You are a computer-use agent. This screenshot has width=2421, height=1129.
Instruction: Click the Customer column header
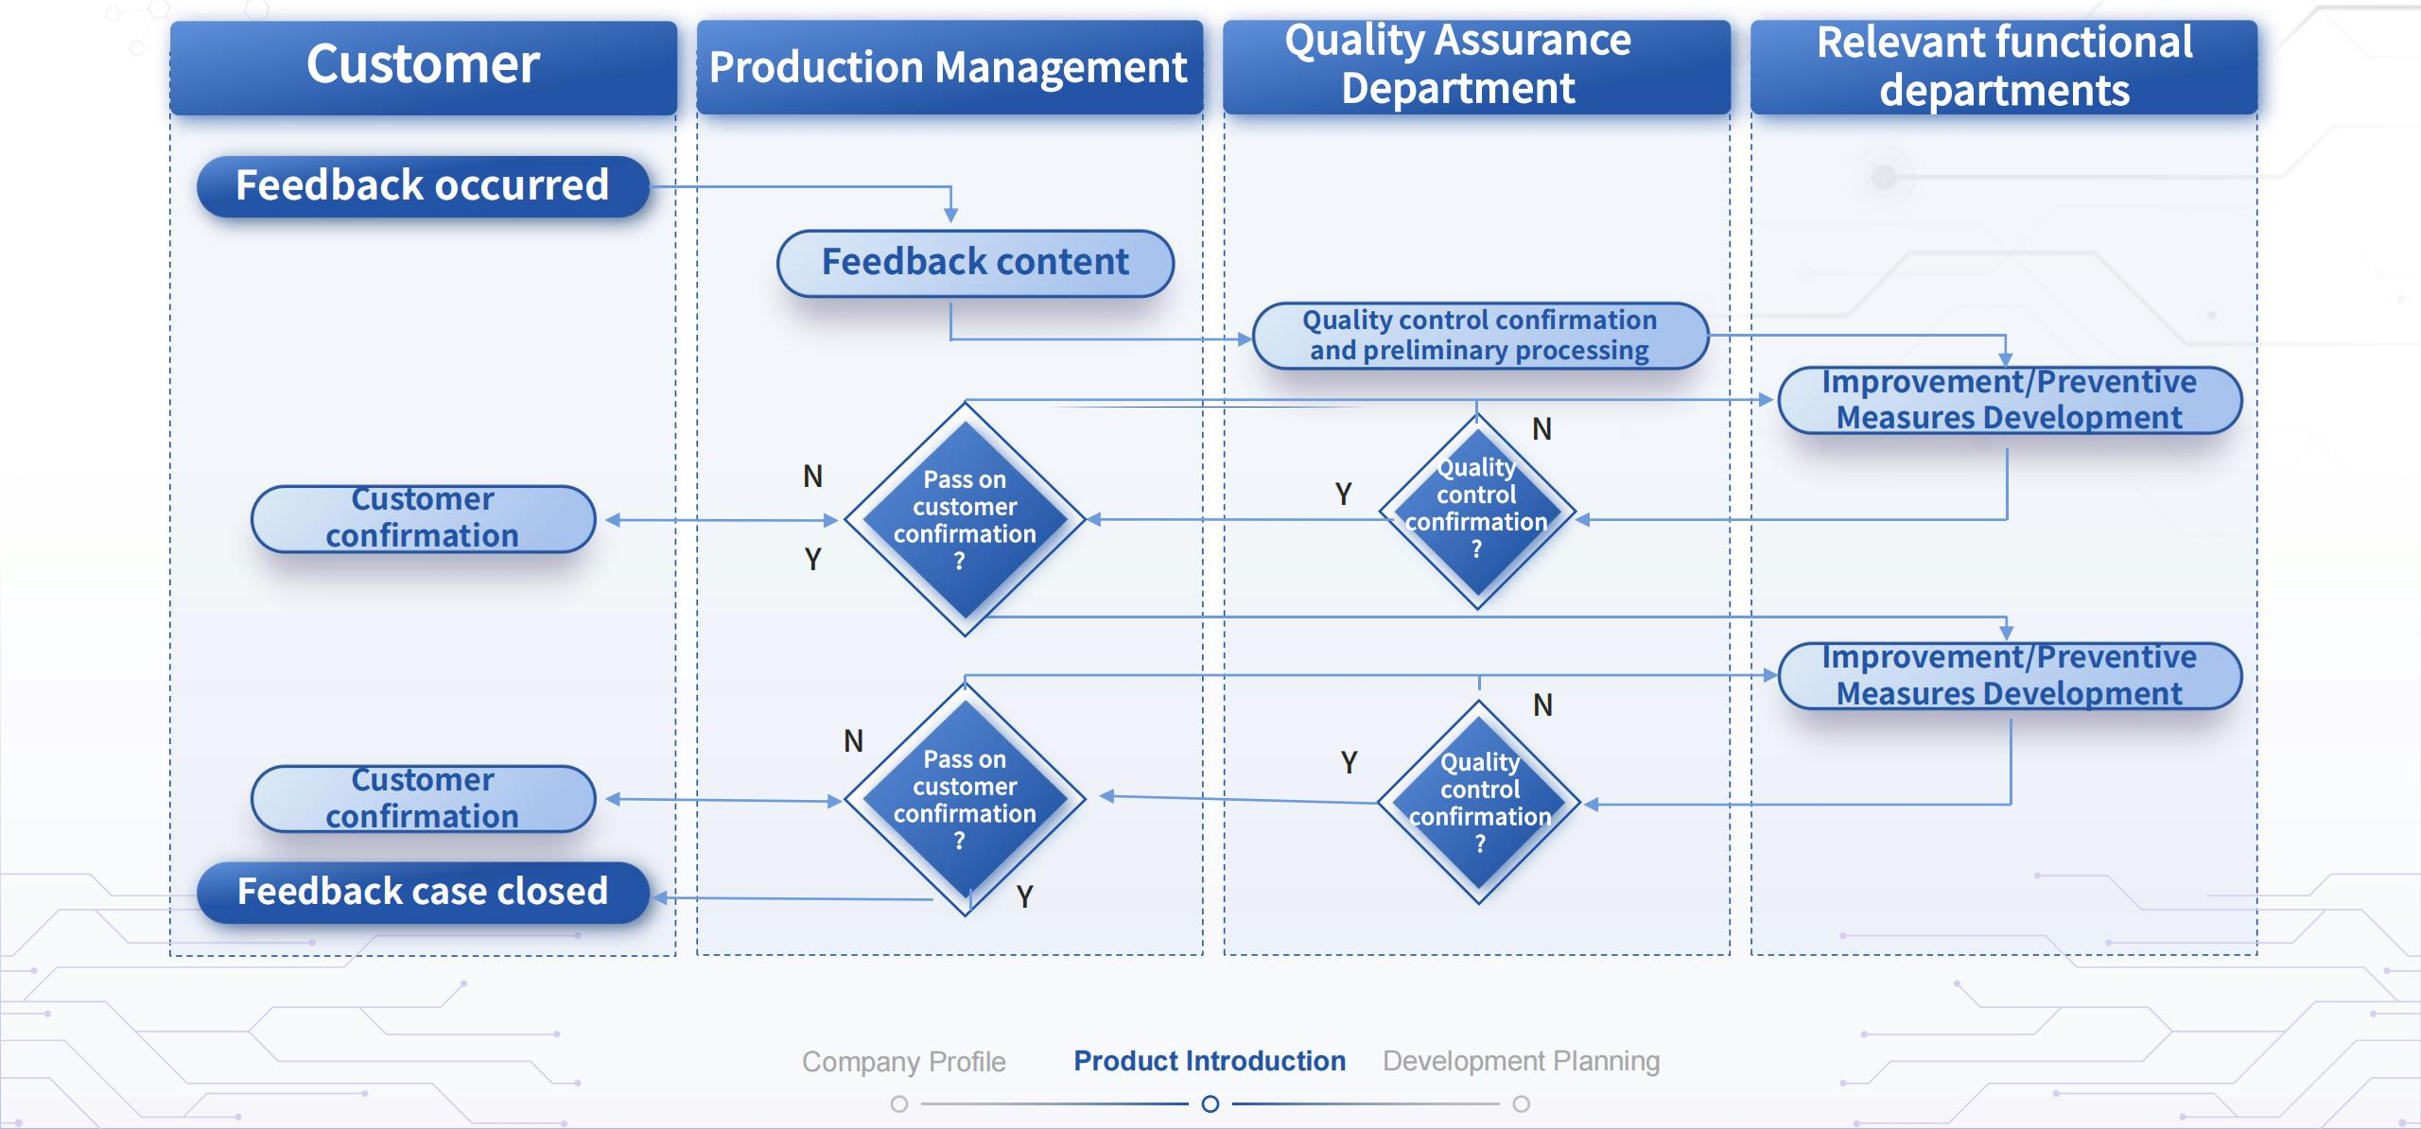423,66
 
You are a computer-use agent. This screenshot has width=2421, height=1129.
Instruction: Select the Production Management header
949,67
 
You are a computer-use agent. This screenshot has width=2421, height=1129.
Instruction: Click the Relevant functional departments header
2003,67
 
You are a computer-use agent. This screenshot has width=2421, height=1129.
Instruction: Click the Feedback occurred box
423,186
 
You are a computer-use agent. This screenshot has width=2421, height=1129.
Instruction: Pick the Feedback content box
975,263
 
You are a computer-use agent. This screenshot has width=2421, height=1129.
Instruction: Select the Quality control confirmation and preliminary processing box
1479,336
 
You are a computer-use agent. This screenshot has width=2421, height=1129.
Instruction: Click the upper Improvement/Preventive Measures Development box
2010,400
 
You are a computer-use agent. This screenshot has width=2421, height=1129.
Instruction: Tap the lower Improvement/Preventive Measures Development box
2010,676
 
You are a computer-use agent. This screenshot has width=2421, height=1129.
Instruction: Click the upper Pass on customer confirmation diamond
965,519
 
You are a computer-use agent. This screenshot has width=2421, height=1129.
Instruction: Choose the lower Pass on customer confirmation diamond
965,799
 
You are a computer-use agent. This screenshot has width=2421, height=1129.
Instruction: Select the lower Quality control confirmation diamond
1479,803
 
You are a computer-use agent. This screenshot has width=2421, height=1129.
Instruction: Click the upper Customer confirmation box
423,518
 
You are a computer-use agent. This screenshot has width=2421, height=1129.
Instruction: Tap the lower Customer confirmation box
423,799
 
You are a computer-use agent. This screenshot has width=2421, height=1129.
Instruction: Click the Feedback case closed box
423,892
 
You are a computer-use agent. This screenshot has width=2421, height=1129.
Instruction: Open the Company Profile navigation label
903,1061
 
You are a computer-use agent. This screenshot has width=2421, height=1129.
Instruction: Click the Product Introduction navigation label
1210,1061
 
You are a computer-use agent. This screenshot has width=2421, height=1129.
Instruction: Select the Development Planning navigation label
1521,1061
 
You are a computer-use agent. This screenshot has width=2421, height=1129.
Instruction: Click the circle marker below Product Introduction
1210,1103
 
